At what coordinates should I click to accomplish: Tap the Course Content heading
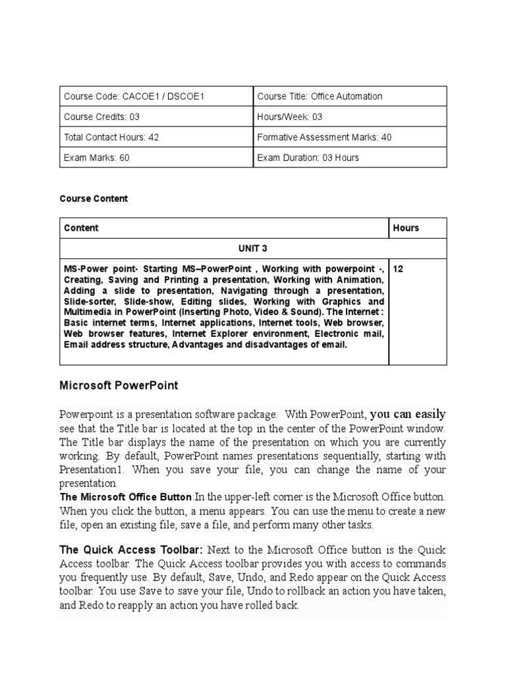[x=94, y=198]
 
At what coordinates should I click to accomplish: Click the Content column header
[x=81, y=228]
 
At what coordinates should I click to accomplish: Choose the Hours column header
[x=406, y=228]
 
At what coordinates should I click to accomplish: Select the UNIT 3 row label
[x=253, y=249]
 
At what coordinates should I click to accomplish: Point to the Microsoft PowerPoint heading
[x=119, y=385]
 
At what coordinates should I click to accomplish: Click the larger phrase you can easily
[x=408, y=415]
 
